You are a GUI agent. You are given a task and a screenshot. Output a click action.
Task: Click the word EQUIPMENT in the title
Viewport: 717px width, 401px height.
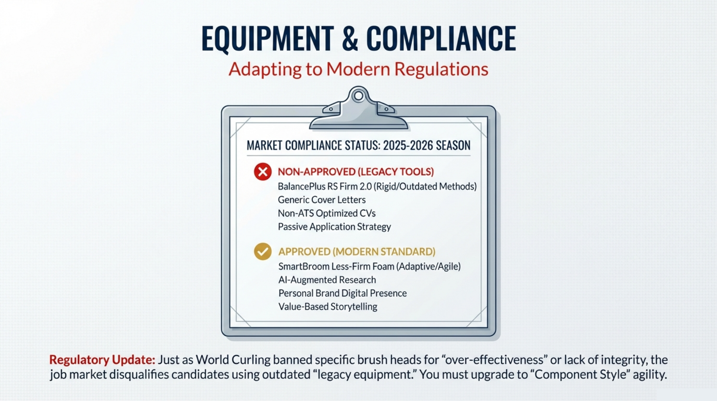point(268,39)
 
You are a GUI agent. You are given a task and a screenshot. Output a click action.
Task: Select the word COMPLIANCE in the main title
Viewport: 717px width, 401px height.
point(441,38)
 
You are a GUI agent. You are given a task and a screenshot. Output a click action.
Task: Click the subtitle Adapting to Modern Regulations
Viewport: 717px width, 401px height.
point(358,69)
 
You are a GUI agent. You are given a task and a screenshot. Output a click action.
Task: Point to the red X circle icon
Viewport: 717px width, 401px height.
point(263,172)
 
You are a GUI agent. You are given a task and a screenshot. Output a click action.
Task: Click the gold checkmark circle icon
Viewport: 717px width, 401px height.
point(263,251)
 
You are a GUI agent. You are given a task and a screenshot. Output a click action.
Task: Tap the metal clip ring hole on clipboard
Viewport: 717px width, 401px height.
point(358,96)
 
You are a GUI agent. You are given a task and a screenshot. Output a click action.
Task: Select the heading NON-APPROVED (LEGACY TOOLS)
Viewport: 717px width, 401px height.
point(356,172)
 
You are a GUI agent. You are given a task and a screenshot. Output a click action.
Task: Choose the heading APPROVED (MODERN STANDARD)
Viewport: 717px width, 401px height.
point(357,251)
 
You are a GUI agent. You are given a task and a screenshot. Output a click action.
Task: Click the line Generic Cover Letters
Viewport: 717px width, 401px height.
point(322,200)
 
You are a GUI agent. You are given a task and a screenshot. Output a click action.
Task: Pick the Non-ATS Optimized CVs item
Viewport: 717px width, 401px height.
point(327,213)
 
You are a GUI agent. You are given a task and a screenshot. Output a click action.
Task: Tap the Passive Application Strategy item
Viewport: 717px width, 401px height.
point(334,227)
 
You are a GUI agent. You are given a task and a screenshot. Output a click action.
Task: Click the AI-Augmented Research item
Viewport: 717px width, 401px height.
point(327,280)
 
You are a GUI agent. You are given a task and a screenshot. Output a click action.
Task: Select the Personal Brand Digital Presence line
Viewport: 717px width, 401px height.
point(342,293)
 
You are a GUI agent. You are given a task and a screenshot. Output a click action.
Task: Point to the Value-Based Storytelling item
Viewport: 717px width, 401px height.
point(328,307)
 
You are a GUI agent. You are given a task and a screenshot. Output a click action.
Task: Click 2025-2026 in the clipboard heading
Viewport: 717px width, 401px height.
point(408,145)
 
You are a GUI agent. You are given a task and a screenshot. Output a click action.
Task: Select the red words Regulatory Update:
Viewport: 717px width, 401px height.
point(102,360)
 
